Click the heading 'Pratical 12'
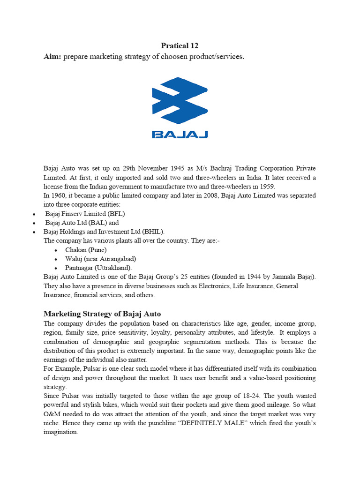[x=180, y=45]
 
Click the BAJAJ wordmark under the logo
[x=180, y=135]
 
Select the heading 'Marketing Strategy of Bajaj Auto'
[x=102, y=314]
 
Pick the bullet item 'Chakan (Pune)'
[x=86, y=249]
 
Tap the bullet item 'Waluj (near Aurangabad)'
[x=101, y=258]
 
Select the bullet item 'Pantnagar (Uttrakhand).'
[x=98, y=267]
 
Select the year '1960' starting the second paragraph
[x=58, y=195]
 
